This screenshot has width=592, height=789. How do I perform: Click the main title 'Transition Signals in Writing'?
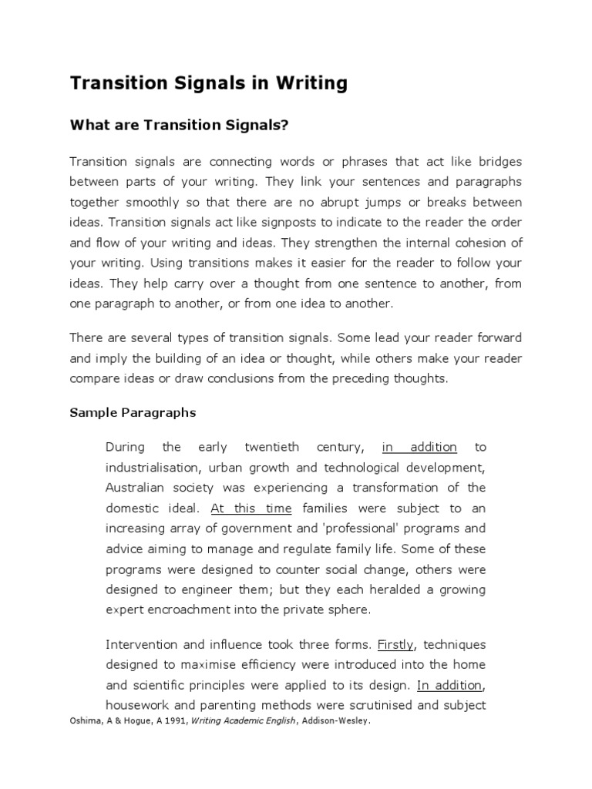pyautogui.click(x=208, y=83)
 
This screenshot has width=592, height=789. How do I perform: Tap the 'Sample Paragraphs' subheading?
pyautogui.click(x=133, y=412)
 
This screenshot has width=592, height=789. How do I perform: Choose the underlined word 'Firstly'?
pyautogui.click(x=396, y=643)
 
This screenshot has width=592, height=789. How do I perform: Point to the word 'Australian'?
pyautogui.click(x=133, y=488)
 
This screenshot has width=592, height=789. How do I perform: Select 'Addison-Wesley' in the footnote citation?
pyautogui.click(x=338, y=722)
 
